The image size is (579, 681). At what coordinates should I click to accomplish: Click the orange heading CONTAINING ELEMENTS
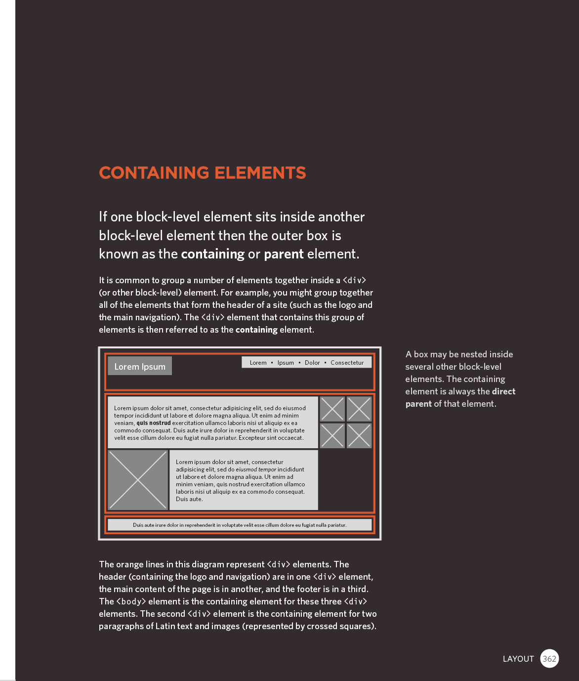(203, 173)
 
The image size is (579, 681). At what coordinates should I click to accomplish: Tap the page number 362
(549, 659)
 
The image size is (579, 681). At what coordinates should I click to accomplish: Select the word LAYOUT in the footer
(518, 659)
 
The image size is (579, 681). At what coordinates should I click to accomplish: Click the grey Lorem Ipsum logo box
(140, 366)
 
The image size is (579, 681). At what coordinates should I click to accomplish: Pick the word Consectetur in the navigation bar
(347, 363)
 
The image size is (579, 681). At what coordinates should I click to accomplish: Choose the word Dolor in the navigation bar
(312, 363)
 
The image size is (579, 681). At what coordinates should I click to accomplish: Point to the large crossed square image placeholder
(138, 480)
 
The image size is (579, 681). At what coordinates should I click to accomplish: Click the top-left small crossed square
(332, 409)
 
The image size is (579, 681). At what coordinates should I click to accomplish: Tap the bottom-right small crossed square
(359, 436)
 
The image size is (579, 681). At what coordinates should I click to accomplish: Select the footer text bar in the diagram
(240, 525)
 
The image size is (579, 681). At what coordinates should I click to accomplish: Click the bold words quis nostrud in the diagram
(154, 423)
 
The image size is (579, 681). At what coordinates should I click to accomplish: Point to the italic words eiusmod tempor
(256, 469)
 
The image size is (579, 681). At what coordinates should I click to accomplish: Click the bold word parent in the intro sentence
(284, 254)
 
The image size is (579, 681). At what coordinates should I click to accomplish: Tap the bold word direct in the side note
(503, 391)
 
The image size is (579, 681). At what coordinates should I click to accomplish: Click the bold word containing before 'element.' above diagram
(256, 330)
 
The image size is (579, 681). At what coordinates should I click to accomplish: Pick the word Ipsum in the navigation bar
(286, 363)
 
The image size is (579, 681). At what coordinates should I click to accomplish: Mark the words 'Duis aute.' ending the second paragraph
(189, 499)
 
